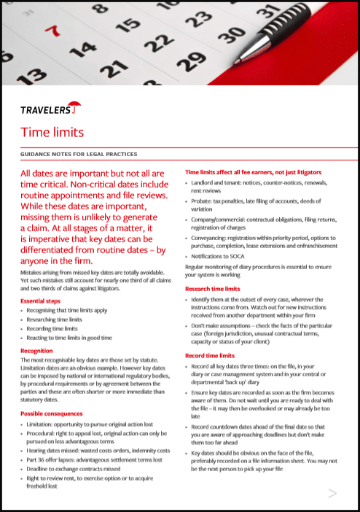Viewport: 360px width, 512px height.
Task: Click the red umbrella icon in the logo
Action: click(x=76, y=108)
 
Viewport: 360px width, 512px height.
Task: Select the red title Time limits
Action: click(x=52, y=132)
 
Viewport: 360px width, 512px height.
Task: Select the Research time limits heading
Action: click(x=217, y=290)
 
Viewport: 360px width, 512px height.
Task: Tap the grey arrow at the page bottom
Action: click(x=332, y=494)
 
